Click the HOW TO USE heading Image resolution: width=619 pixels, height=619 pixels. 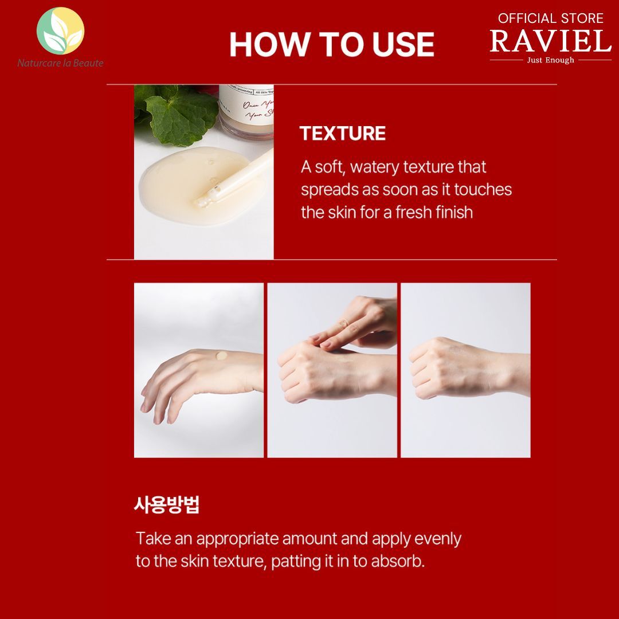(331, 44)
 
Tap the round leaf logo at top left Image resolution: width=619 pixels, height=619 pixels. (60, 31)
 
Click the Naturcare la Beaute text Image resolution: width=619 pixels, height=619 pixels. (60, 63)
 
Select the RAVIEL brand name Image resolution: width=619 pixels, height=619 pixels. (550, 41)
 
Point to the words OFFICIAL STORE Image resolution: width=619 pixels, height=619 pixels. (550, 18)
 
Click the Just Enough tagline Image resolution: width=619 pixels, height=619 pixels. (550, 60)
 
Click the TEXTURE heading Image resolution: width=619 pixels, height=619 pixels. (343, 134)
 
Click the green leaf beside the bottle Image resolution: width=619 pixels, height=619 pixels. (178, 109)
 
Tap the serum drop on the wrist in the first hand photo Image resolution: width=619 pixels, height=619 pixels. (221, 355)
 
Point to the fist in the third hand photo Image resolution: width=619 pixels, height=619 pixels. (436, 367)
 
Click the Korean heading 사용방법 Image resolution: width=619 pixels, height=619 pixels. (166, 505)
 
